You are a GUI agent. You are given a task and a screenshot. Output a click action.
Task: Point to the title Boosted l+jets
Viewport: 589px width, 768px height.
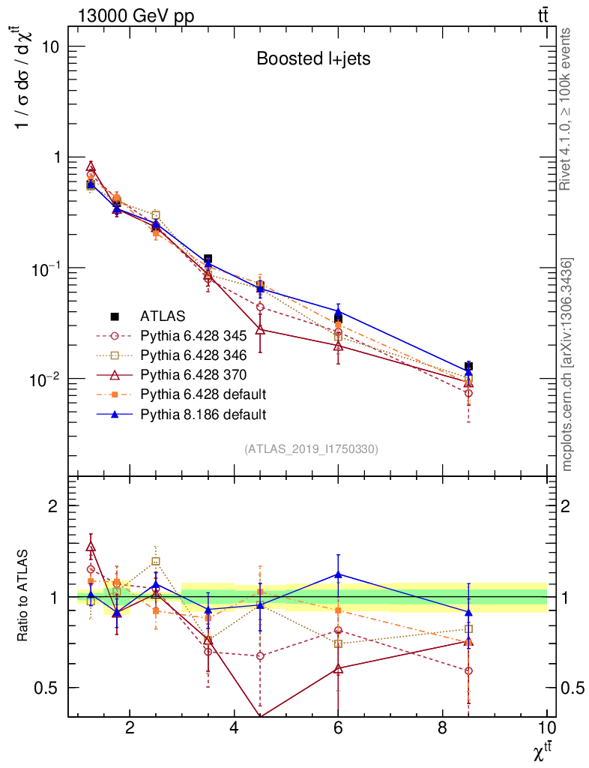coord(313,58)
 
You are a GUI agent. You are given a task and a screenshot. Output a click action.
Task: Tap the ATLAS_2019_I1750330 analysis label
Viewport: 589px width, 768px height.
coord(311,449)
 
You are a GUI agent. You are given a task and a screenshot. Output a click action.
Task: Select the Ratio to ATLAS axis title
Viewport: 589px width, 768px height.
coord(23,596)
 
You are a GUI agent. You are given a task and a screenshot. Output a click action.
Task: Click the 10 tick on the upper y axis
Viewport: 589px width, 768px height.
coord(50,46)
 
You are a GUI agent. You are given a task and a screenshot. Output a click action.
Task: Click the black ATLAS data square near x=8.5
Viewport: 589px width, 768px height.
coord(468,366)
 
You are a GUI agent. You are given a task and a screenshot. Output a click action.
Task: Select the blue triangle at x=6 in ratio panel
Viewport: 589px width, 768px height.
coord(338,574)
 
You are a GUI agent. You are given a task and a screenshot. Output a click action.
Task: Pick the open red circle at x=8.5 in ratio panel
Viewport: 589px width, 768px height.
coord(468,670)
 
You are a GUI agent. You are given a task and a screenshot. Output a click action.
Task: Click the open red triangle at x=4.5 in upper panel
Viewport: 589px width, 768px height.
coord(260,329)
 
